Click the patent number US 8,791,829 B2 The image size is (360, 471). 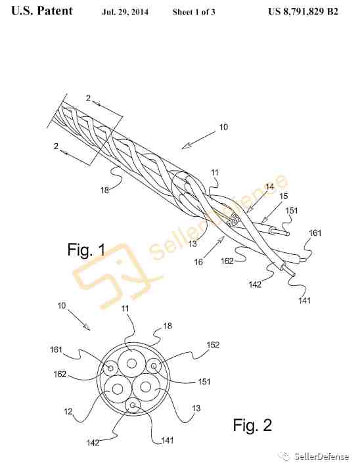point(303,11)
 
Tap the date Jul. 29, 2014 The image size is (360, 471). point(125,12)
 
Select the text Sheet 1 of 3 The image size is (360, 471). point(194,12)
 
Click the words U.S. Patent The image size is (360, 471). point(42,11)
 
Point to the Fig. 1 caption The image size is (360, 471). point(87,250)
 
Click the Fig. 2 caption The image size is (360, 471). point(252,425)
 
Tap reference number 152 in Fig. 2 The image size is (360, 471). point(213,344)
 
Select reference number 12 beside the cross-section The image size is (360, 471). point(68,411)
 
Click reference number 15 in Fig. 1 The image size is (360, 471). point(283,196)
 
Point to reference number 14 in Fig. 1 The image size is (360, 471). point(269,187)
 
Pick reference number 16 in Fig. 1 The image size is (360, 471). point(198,262)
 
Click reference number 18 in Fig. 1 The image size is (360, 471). point(104,190)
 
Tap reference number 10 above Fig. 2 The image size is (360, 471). point(62,305)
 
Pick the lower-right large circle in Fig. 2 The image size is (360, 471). point(146,374)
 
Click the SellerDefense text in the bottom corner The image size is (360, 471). point(321,457)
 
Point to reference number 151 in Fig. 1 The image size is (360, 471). point(291,210)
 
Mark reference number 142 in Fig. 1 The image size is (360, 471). point(255,284)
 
